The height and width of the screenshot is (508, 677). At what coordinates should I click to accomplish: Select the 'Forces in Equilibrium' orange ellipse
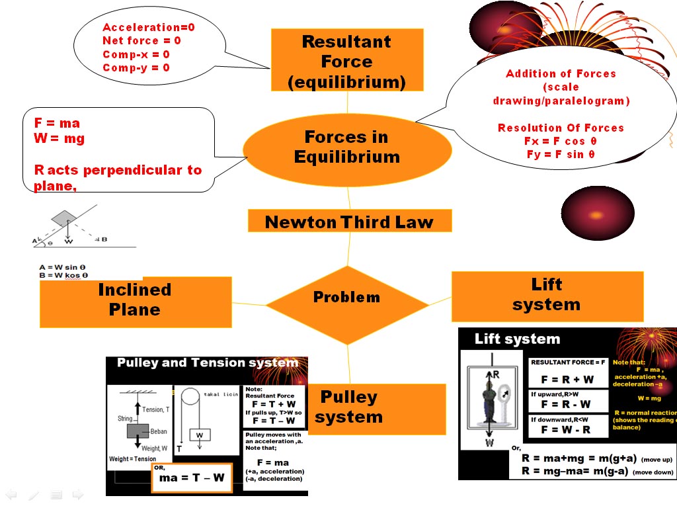(347, 148)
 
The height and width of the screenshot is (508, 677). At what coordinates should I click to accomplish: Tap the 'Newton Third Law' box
(349, 222)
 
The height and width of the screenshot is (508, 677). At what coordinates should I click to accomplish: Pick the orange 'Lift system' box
(546, 296)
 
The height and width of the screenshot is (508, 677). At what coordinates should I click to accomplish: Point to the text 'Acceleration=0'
(149, 27)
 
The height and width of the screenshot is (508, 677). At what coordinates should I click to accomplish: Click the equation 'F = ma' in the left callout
(57, 123)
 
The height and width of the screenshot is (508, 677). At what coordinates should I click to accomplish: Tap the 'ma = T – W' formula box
(192, 477)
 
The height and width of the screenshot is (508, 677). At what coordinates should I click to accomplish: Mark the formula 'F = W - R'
(566, 430)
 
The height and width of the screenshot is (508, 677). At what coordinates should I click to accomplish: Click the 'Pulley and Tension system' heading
(207, 362)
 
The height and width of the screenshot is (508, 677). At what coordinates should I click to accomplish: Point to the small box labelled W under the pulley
(199, 435)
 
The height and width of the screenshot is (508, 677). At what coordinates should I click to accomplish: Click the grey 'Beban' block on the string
(138, 431)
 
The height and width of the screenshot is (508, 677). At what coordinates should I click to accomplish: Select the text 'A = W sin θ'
(63, 267)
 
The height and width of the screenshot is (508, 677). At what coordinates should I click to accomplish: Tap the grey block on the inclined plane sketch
(64, 218)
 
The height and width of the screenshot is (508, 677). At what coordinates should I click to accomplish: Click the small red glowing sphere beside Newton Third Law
(597, 214)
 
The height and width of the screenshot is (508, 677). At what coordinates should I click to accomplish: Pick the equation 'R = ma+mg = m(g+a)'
(578, 458)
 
